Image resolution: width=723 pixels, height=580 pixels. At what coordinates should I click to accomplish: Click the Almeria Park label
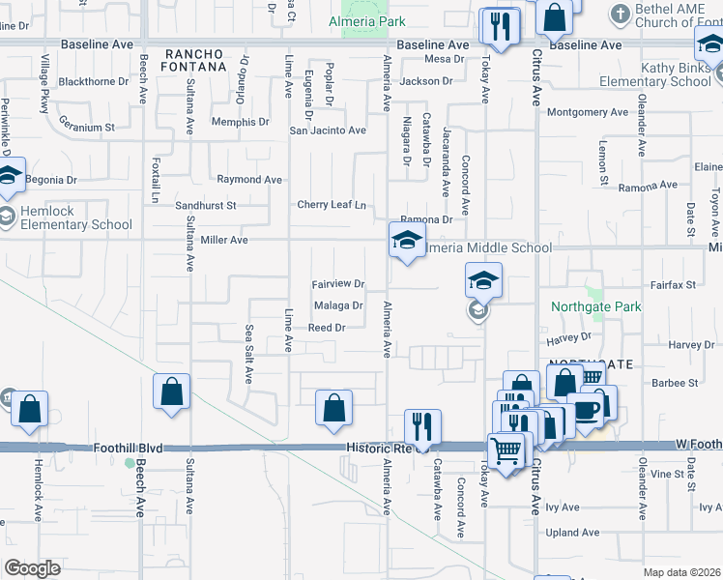coord(366,21)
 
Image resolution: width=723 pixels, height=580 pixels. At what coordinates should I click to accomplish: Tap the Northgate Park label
coord(596,306)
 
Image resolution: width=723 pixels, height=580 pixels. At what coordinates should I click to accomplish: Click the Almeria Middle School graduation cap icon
coord(407,241)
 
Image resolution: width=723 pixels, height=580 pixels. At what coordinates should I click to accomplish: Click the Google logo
coord(32,567)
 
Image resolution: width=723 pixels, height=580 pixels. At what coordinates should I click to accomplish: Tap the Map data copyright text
coord(680,572)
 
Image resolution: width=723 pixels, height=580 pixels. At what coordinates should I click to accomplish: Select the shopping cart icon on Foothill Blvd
coord(506,449)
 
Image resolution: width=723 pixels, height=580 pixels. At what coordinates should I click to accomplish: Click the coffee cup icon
coord(586,410)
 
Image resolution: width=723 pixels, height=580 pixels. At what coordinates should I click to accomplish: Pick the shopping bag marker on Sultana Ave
coord(171,391)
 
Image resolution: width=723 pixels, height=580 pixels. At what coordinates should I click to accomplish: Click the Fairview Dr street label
coord(337,284)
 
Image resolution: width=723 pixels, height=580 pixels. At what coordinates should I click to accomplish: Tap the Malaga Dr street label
coord(338,305)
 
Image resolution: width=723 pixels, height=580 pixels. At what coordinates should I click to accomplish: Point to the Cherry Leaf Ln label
coord(332,205)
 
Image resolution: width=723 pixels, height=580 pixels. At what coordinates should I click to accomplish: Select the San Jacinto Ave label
coord(329,130)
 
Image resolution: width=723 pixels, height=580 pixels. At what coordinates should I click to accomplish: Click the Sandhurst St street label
coord(206,206)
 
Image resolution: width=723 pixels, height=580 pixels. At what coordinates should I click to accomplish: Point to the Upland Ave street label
coord(572,532)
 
